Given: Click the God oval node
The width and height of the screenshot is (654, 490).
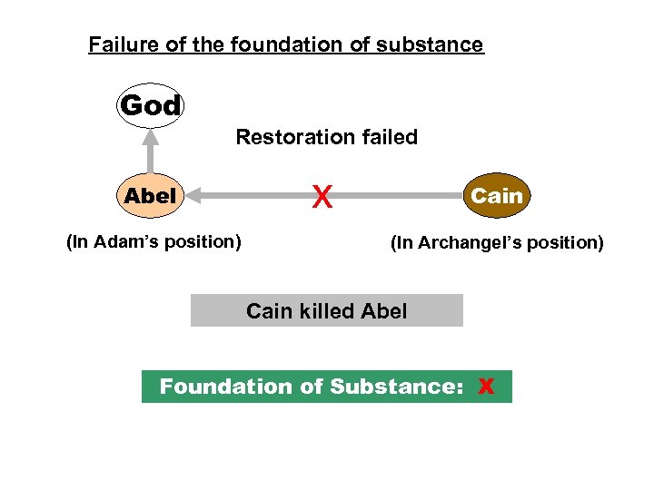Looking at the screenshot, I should [151, 106].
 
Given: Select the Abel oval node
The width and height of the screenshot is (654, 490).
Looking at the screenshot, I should [151, 195].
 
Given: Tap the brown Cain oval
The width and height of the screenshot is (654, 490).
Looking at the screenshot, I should [497, 195].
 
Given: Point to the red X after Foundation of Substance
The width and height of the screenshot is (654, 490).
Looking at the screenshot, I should [486, 387].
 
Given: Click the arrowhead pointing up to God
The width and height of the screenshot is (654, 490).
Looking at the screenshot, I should [151, 136].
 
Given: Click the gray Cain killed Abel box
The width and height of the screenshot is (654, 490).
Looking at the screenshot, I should [326, 311].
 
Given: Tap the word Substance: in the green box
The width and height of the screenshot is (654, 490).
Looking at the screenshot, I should [397, 387].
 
